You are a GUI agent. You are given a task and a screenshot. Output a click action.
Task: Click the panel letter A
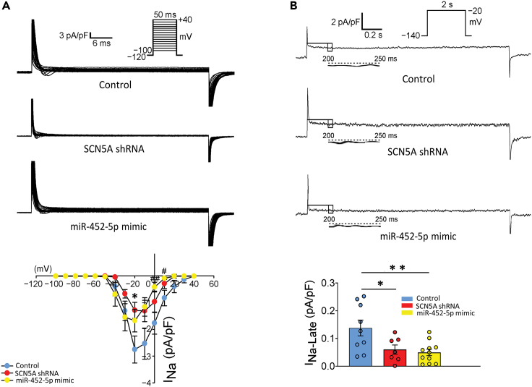point(7,7)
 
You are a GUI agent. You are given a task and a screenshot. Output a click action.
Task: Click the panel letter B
point(295,7)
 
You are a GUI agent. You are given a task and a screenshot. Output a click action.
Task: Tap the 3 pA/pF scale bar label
point(74,33)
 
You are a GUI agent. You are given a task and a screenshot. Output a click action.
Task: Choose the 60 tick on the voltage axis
point(214,284)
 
